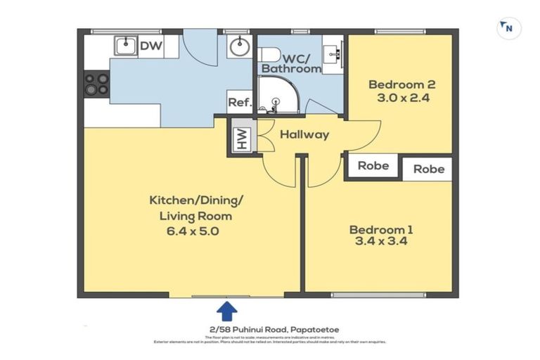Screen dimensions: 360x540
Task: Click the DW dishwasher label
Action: pos(150,47)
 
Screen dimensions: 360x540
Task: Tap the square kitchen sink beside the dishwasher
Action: pos(125,46)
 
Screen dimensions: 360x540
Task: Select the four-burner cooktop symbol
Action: pos(96,84)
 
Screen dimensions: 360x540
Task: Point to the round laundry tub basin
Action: pos(239,48)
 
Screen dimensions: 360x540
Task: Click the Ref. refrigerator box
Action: pos(239,103)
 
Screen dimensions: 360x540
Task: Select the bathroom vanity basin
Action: pos(333,52)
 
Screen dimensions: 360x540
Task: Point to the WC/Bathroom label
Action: pos(290,61)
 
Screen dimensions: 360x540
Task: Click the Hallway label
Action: pos(304,134)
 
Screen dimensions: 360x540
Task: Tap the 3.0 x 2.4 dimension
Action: pos(399,98)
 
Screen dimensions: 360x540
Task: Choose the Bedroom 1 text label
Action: pos(381,229)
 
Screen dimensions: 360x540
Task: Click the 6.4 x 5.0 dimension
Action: pos(190,230)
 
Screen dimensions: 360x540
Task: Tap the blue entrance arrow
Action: pos(226,310)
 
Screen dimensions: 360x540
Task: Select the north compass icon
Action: pos(507,28)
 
